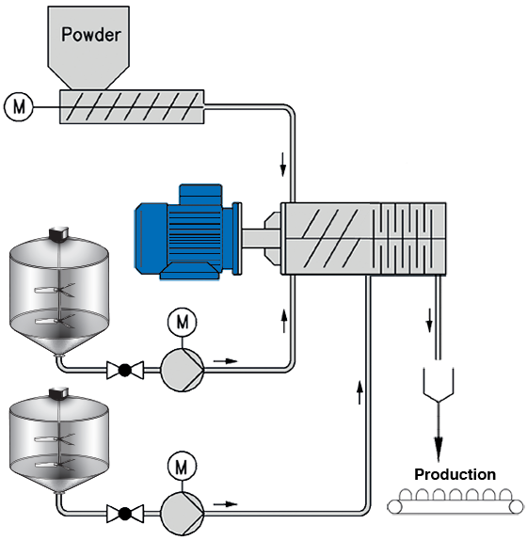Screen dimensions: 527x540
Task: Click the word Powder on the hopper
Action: pyautogui.click(x=91, y=35)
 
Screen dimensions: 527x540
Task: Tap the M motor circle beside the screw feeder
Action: pyautogui.click(x=19, y=106)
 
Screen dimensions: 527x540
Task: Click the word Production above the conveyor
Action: pyautogui.click(x=455, y=474)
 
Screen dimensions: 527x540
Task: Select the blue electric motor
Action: pyautogui.click(x=187, y=231)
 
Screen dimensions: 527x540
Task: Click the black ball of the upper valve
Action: pyautogui.click(x=125, y=371)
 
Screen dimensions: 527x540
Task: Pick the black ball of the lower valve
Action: pyautogui.click(x=125, y=514)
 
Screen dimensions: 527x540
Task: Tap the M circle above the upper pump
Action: pyautogui.click(x=183, y=323)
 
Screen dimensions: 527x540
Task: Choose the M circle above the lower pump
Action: pyautogui.click(x=183, y=466)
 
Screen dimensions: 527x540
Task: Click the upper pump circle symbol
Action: pyautogui.click(x=183, y=370)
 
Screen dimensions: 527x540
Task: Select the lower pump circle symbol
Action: pyautogui.click(x=183, y=514)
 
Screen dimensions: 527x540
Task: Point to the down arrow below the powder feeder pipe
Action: pyautogui.click(x=283, y=165)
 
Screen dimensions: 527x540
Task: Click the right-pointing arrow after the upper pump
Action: pyautogui.click(x=226, y=361)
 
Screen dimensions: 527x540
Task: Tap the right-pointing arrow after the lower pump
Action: pyautogui.click(x=226, y=504)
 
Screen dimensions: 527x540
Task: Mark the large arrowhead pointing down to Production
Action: pyautogui.click(x=439, y=449)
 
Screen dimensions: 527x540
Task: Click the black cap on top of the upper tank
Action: pyautogui.click(x=58, y=232)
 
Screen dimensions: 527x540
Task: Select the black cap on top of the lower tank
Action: pyautogui.click(x=58, y=393)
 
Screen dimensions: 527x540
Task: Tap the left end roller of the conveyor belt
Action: pyautogui.click(x=394, y=507)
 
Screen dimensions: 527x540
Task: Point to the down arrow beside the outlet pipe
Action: pyautogui.click(x=429, y=321)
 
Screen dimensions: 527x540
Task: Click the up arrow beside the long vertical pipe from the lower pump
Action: pyautogui.click(x=359, y=392)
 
